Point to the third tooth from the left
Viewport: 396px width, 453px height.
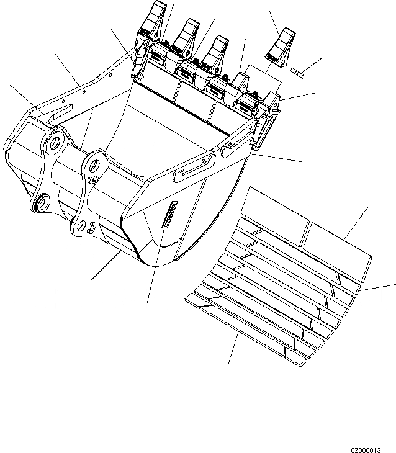pyautogui.click(x=217, y=50)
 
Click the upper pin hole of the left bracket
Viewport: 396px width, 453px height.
pyautogui.click(x=54, y=143)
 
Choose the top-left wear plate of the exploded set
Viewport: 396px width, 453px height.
pyautogui.click(x=276, y=209)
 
